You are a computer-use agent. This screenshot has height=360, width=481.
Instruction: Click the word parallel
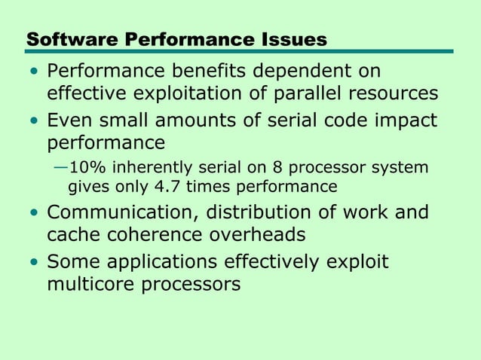[x=309, y=94]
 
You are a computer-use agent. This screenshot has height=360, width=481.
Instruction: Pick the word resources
[x=395, y=94]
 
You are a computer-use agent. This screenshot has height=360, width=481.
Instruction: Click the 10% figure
[x=86, y=166]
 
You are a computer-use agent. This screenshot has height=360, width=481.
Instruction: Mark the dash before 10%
[x=60, y=166]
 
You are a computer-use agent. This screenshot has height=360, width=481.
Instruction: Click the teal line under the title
[x=240, y=52]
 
